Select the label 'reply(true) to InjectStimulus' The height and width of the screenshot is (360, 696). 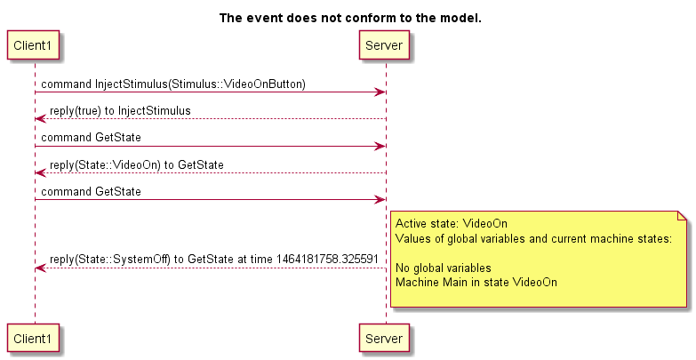coord(120,111)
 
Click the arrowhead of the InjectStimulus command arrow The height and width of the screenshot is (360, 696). coord(380,92)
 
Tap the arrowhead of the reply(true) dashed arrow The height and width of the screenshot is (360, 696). coord(40,119)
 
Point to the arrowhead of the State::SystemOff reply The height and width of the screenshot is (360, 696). coord(40,268)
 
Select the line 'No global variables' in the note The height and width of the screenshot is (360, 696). coord(444,268)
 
